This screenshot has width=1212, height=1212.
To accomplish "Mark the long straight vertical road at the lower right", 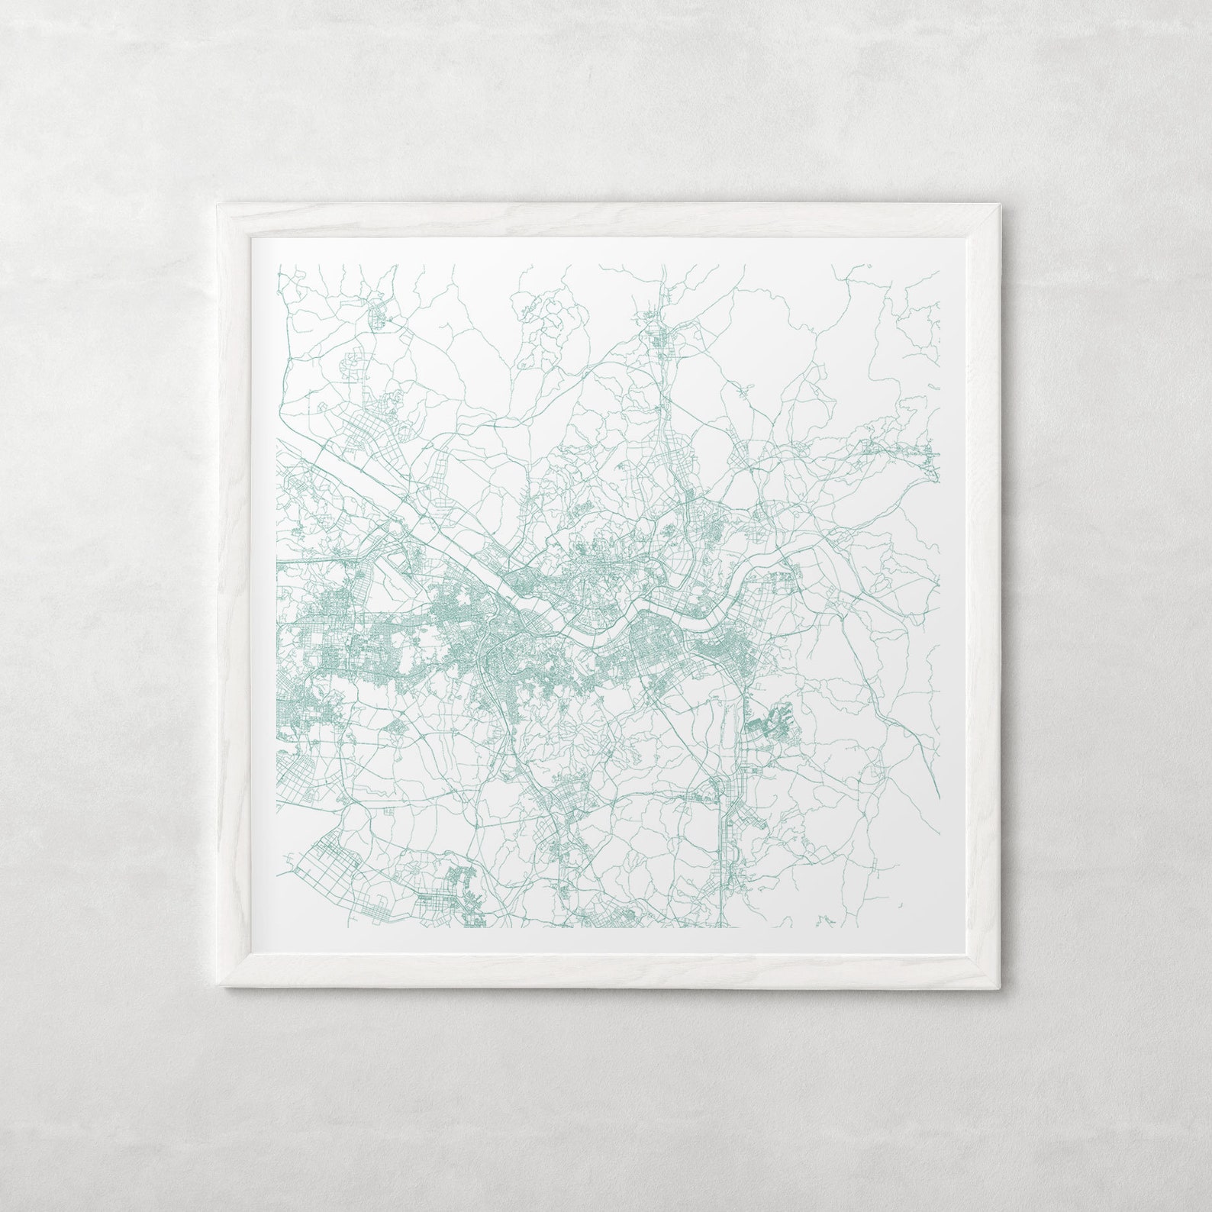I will [720, 855].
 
